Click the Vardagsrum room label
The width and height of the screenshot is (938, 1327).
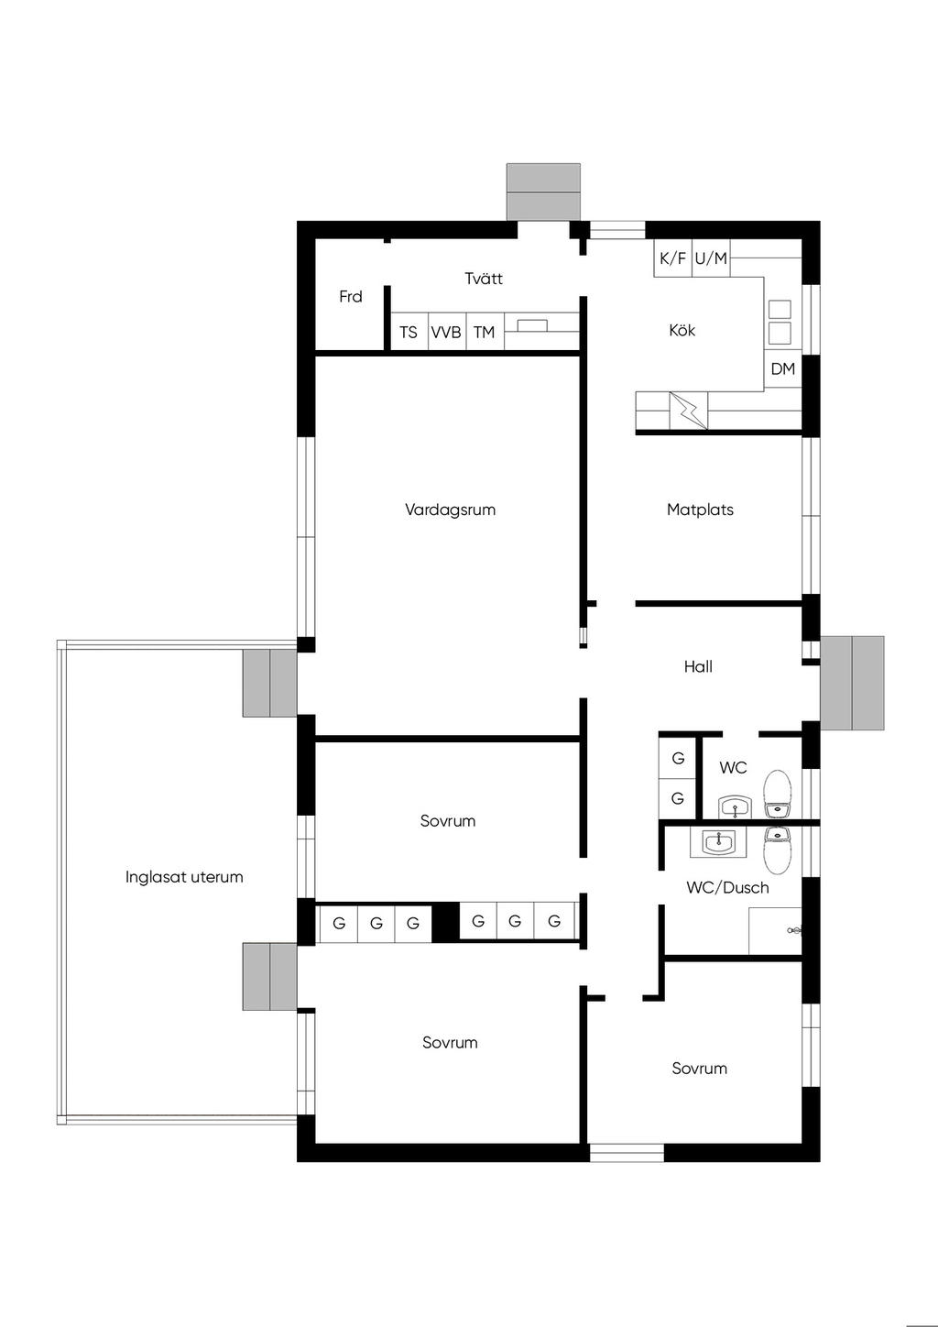[450, 510]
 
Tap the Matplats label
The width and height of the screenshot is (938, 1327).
[700, 510]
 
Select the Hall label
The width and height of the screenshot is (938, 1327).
[698, 666]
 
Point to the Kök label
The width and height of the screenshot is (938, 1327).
[682, 330]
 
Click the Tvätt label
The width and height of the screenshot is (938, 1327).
[484, 278]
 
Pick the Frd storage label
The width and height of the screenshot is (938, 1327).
[351, 296]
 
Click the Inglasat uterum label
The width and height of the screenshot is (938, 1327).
[184, 877]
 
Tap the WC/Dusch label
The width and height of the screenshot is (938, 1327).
[728, 887]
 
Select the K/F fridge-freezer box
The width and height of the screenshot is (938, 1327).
[672, 258]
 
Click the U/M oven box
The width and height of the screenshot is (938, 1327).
[711, 258]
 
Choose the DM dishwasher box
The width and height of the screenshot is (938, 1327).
[783, 369]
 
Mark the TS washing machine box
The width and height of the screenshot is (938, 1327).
[409, 332]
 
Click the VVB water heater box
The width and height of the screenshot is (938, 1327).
[446, 332]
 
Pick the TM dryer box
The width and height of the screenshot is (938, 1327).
[485, 332]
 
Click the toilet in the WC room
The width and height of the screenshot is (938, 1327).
[777, 794]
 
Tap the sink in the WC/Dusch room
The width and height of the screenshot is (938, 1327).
[718, 842]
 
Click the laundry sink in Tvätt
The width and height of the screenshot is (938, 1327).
[532, 325]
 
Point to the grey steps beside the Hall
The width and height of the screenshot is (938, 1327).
[852, 683]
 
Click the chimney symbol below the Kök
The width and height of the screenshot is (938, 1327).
[689, 410]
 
